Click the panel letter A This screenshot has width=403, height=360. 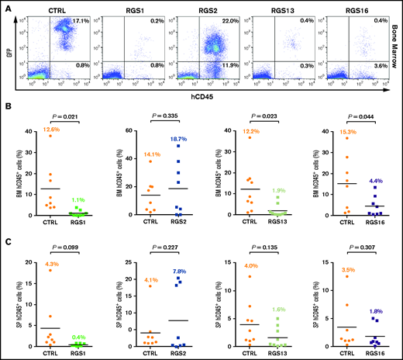coord(7,8)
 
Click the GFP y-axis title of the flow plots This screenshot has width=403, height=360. coord(18,46)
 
